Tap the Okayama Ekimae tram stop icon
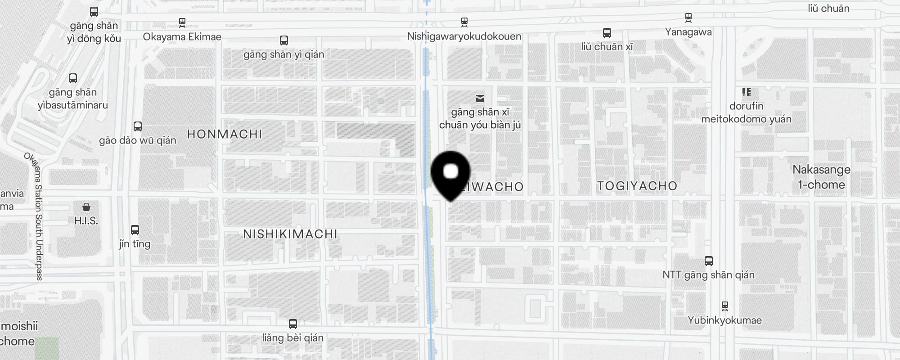[x=182, y=22]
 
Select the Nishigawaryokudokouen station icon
[x=464, y=22]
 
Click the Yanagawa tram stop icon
[x=688, y=18]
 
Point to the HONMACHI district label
[x=224, y=134]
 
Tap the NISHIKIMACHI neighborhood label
[x=290, y=234]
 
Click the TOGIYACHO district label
[x=637, y=186]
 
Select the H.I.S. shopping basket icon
[x=86, y=207]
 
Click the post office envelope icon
[x=480, y=98]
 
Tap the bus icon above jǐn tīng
[x=135, y=230]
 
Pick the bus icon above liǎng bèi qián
[x=292, y=324]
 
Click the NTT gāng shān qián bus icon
[x=709, y=261]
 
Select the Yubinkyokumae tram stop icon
[x=724, y=306]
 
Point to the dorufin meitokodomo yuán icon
[x=747, y=92]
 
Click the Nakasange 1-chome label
[x=821, y=177]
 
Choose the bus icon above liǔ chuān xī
[x=607, y=33]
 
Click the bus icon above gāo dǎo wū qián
[x=138, y=126]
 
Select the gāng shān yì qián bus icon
[x=283, y=40]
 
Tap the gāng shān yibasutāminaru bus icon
[x=73, y=78]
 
